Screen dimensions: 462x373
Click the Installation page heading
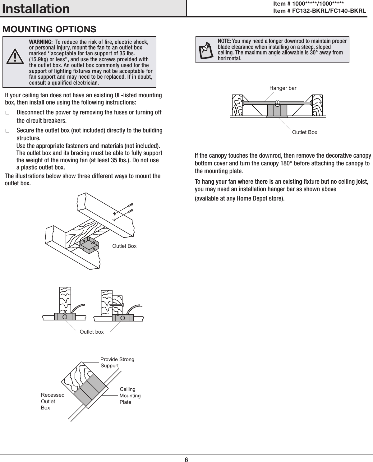point(36,9)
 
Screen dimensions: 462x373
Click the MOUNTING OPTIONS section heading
point(49,29)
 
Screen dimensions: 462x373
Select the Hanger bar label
point(283,88)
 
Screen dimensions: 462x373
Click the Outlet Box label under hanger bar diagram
point(305,132)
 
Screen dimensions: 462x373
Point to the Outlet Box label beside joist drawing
point(124,246)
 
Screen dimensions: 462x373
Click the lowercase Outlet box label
point(92,332)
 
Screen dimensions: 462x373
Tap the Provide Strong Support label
point(117,362)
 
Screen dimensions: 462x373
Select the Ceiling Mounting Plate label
point(130,395)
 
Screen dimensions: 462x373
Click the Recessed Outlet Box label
point(52,401)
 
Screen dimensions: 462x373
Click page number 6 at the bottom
point(186,460)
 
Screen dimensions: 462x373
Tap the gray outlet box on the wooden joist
point(89,244)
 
